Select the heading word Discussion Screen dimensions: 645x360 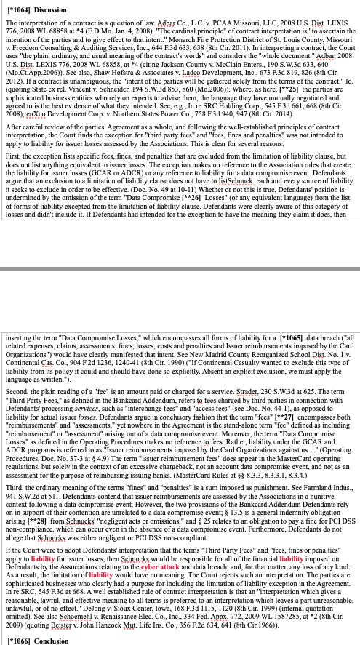[52, 9]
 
